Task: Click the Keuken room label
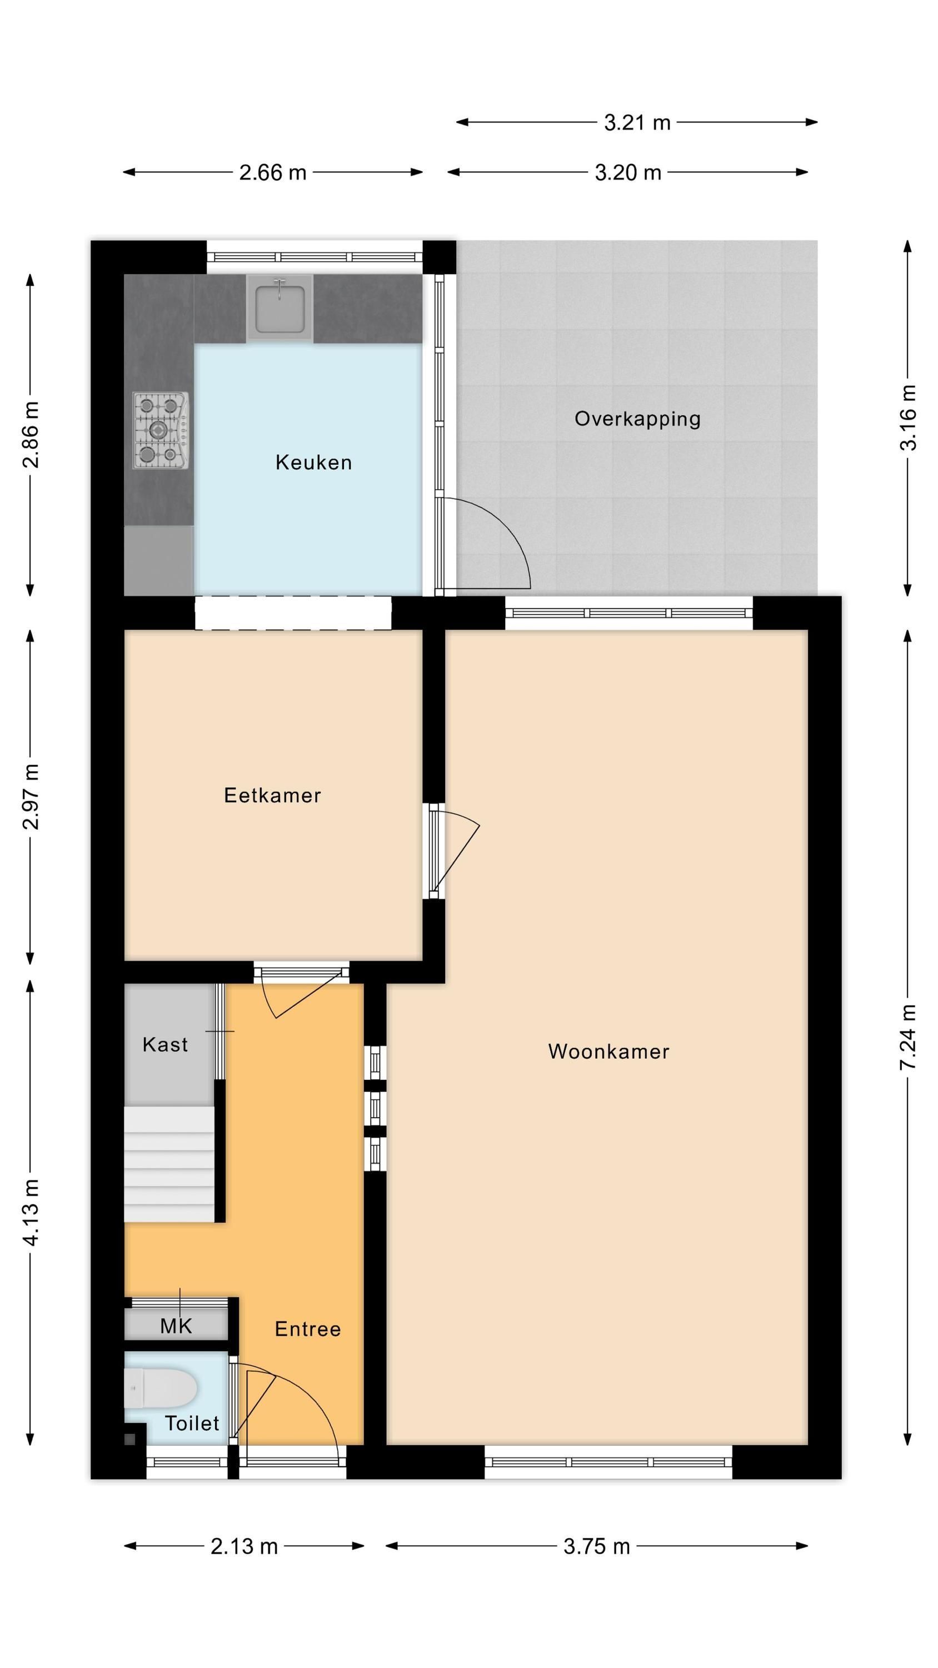[313, 463]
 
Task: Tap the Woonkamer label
[608, 1051]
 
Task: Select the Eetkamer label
[272, 795]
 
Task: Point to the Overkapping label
[637, 419]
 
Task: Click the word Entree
[307, 1329]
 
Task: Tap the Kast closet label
[165, 1044]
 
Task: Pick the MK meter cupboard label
[176, 1326]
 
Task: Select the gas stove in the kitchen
[161, 430]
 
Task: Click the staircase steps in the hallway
[169, 1165]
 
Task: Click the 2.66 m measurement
[272, 173]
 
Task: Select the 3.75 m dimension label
[596, 1547]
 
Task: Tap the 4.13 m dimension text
[31, 1212]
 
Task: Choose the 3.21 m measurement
[637, 122]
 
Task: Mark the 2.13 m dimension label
[244, 1547]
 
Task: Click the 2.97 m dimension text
[31, 796]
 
